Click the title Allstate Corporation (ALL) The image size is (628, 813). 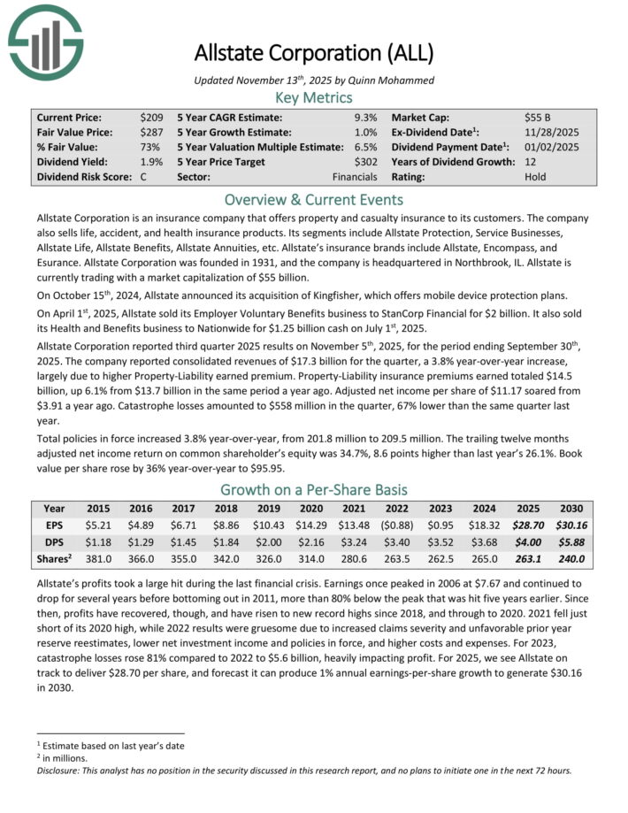click(x=314, y=53)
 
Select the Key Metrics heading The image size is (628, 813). click(x=314, y=97)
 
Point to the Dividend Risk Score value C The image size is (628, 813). click(x=143, y=177)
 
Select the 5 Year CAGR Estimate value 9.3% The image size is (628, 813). click(x=365, y=117)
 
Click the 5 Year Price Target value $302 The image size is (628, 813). click(x=364, y=162)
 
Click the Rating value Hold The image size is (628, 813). click(x=535, y=177)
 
